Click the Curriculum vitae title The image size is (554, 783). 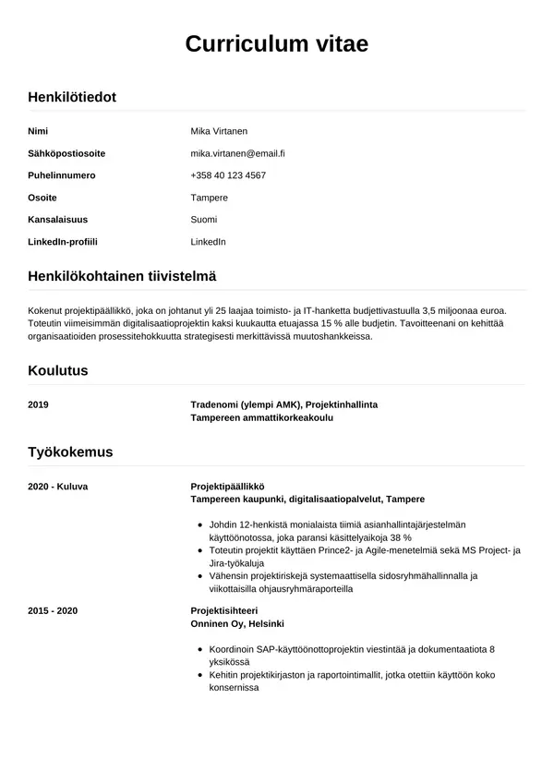pyautogui.click(x=277, y=43)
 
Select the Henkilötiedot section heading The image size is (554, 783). pyautogui.click(x=72, y=96)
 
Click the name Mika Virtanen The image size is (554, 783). pyautogui.click(x=219, y=131)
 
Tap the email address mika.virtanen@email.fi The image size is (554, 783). pyautogui.click(x=237, y=153)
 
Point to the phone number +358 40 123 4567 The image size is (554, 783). pyautogui.click(x=228, y=175)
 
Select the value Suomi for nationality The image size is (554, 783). pyautogui.click(x=204, y=220)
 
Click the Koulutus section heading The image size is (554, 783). pyautogui.click(x=58, y=370)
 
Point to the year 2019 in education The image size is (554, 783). pyautogui.click(x=39, y=404)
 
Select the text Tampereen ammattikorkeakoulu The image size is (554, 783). pyautogui.click(x=261, y=417)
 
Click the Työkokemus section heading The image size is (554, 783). pyautogui.click(x=70, y=452)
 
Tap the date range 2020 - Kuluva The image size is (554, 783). pyautogui.click(x=58, y=486)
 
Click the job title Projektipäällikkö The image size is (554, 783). pyautogui.click(x=227, y=486)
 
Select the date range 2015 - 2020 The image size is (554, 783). pyautogui.click(x=54, y=611)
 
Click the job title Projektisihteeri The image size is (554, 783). pyautogui.click(x=223, y=611)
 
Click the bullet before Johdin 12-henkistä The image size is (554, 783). pyautogui.click(x=202, y=524)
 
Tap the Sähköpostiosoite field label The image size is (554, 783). pyautogui.click(x=66, y=153)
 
